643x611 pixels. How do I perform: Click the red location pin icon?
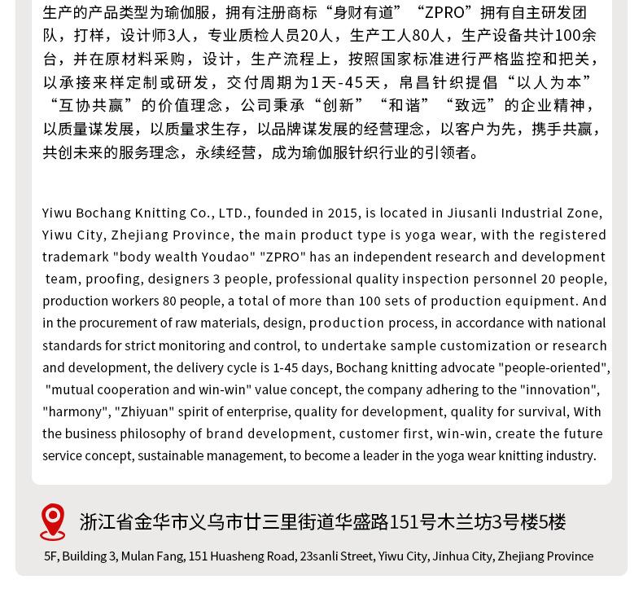tap(53, 521)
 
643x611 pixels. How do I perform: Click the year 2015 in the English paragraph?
tap(343, 213)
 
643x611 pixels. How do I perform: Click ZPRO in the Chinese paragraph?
tap(444, 12)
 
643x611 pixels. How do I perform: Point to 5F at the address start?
tap(51, 556)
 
